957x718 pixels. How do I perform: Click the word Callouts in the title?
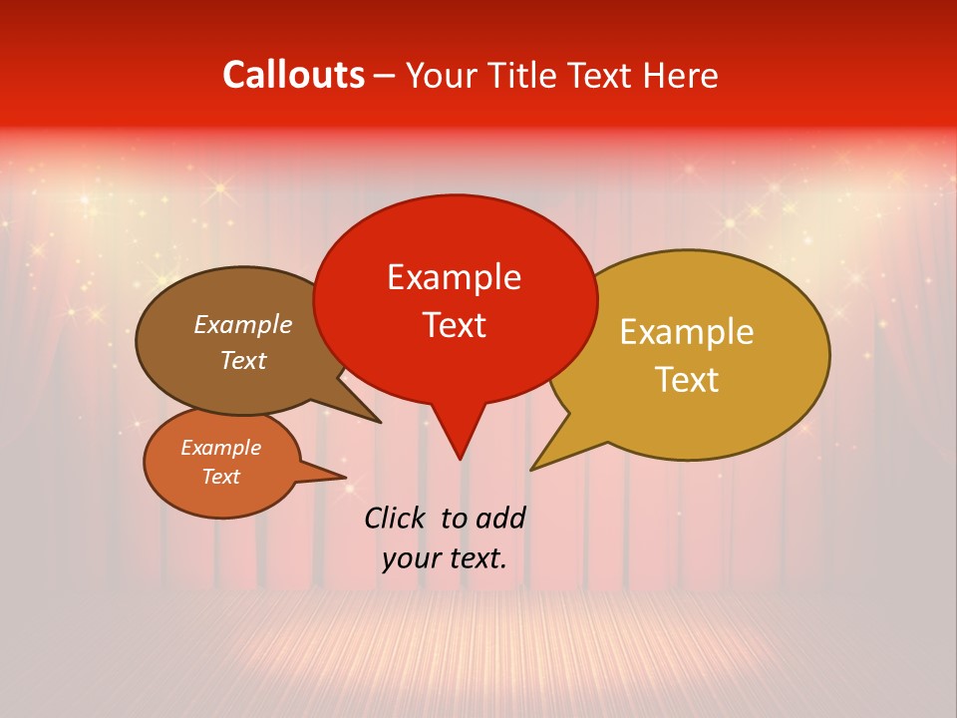293,75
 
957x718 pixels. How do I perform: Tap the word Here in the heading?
683,75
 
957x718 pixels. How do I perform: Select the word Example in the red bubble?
454,277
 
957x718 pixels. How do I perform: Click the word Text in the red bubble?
454,325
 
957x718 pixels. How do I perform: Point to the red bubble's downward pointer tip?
460,458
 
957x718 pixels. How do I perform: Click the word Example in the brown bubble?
243,324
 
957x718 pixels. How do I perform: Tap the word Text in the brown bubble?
243,360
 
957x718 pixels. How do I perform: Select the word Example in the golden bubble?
687,332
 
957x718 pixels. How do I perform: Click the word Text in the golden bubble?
687,380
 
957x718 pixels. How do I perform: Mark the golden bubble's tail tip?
533,469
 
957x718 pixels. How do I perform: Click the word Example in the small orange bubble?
221,448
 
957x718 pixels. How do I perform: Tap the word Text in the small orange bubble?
221,477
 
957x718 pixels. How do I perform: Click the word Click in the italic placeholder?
396,518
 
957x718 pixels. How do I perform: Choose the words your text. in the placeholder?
445,557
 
